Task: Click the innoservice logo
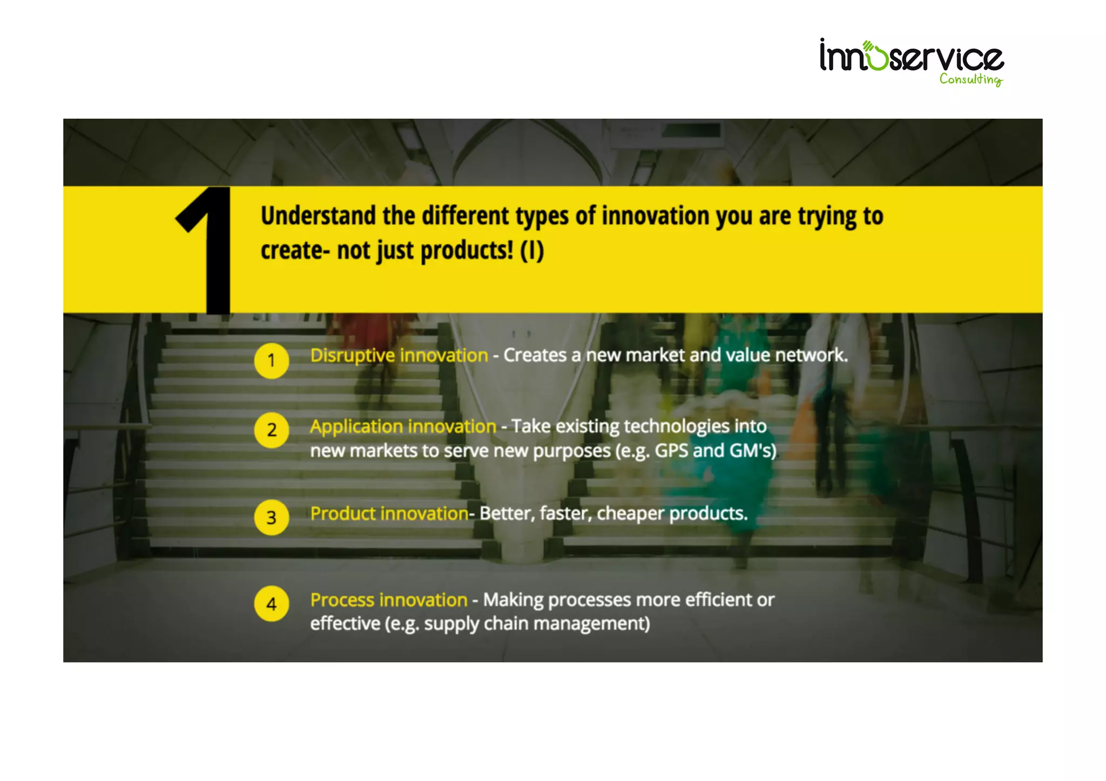(x=911, y=57)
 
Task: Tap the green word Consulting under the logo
(x=970, y=79)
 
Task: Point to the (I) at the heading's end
(x=532, y=251)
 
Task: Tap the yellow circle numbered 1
(x=272, y=361)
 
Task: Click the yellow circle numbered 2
(x=272, y=430)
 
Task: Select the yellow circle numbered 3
(x=272, y=518)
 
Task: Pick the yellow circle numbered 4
(x=272, y=603)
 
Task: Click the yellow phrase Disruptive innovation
(x=399, y=356)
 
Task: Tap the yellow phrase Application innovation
(x=403, y=426)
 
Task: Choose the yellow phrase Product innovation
(x=389, y=513)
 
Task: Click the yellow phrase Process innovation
(x=389, y=600)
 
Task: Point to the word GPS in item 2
(x=671, y=451)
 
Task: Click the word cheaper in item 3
(x=630, y=513)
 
